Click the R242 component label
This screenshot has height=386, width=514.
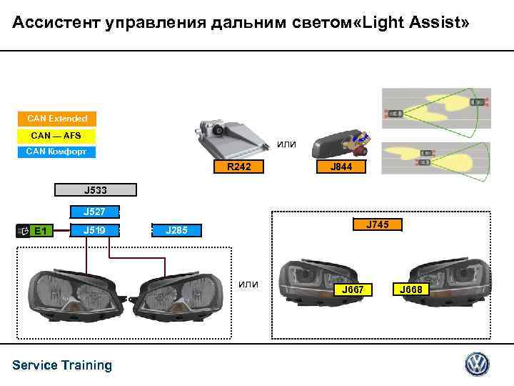234,167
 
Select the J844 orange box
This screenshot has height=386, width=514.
340,167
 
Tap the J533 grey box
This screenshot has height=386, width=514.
95,191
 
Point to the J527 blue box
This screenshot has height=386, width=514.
95,212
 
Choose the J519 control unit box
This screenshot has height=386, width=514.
95,230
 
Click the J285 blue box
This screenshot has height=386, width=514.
176,230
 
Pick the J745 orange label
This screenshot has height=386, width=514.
378,225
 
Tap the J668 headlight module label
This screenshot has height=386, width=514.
412,289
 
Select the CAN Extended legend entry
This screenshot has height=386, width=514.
58,119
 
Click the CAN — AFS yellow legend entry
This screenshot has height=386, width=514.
56,135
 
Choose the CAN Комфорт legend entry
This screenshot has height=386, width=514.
56,151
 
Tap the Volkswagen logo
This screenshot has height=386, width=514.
477,365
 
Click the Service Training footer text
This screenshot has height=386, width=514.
62,365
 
